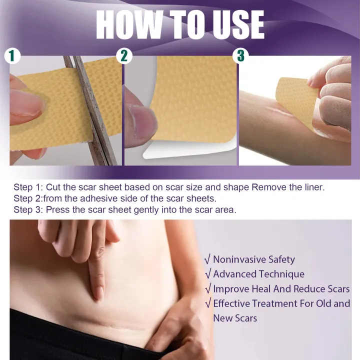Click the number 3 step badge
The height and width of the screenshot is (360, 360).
coord(241,56)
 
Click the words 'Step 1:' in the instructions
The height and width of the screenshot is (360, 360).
coord(28,187)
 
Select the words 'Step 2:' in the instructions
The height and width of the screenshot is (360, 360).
coord(28,198)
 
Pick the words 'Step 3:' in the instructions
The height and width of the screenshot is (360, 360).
coord(28,210)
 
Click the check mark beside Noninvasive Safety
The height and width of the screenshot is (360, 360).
coord(207,259)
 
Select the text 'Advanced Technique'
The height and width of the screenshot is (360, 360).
coord(258,274)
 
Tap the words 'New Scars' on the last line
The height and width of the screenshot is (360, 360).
coord(235,318)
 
